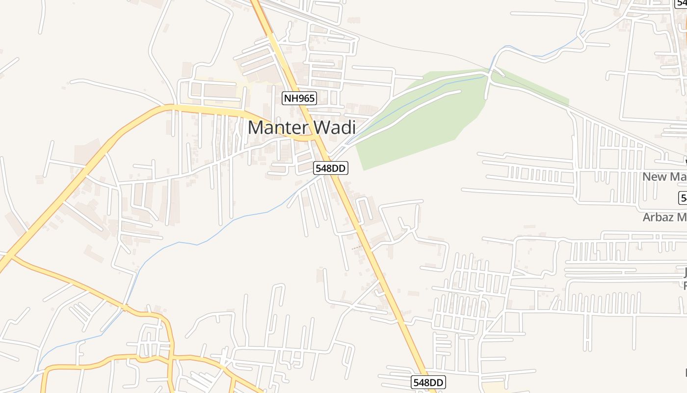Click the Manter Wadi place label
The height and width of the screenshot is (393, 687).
point(301,128)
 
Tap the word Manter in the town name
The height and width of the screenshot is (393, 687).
point(278,128)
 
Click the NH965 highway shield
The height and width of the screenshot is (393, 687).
point(299,98)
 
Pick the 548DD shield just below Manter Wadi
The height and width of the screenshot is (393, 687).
point(331,168)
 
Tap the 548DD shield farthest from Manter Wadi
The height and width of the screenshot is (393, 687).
point(428,382)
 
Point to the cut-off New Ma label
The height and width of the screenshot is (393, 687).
point(664,177)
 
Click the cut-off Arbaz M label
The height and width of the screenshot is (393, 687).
point(664,217)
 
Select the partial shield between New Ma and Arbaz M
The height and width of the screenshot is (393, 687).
point(683,198)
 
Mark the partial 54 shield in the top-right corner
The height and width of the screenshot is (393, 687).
point(682,3)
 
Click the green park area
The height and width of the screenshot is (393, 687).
point(417,123)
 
